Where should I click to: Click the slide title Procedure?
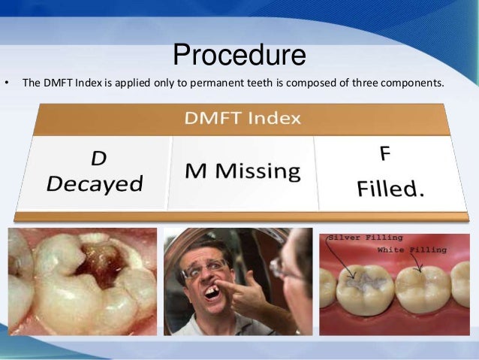[x=239, y=56]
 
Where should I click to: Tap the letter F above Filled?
[x=384, y=154]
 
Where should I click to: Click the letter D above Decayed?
[x=98, y=159]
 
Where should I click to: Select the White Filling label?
[x=411, y=249]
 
